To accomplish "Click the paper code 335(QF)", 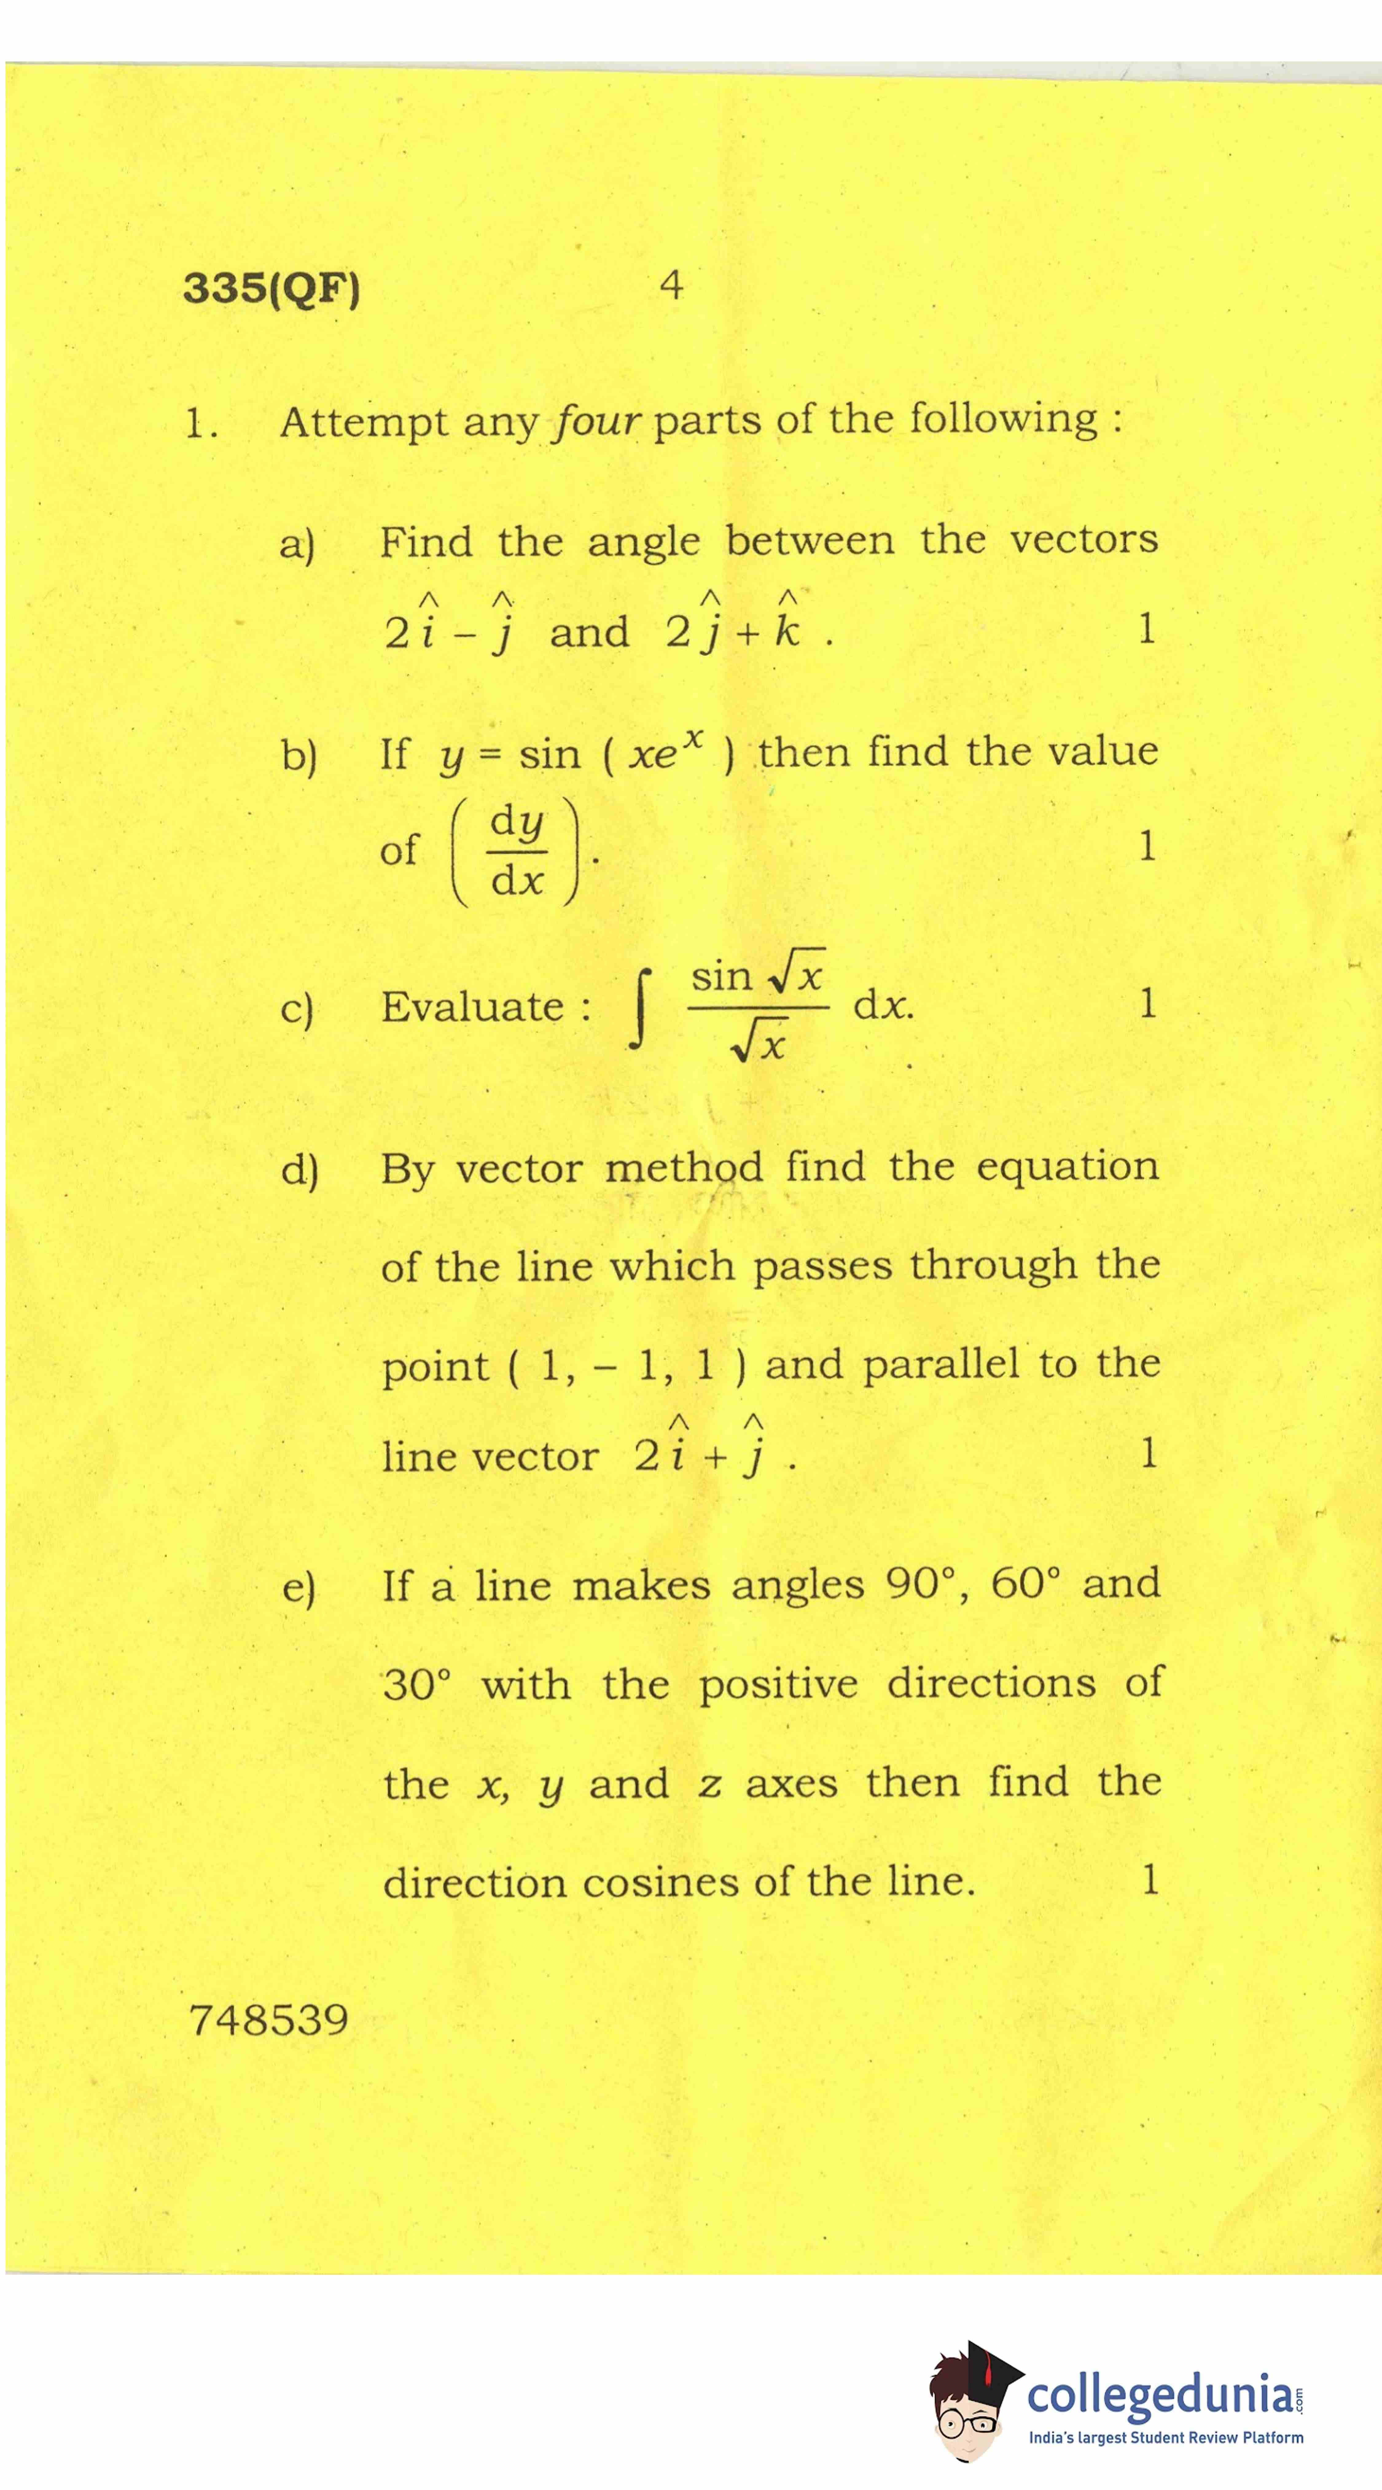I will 271,288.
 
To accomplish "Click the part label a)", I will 297,544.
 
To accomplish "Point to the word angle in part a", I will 644,541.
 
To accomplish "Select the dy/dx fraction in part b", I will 517,851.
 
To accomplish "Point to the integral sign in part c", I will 639,1009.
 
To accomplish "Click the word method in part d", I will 683,1168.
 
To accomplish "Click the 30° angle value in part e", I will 416,1685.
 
